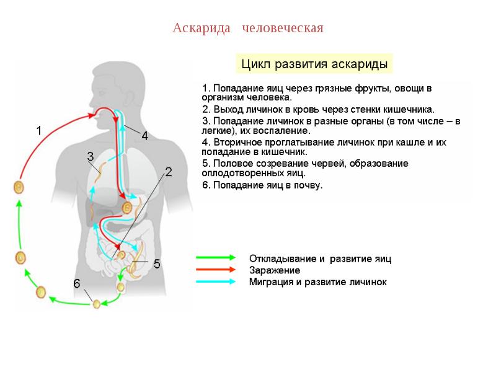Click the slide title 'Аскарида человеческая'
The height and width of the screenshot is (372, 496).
pos(248,29)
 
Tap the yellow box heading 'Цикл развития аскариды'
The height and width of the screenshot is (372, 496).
pos(314,64)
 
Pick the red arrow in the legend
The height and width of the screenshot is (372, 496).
pos(215,270)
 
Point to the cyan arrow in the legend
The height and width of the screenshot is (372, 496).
pos(215,281)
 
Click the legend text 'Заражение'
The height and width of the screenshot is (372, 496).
pos(275,270)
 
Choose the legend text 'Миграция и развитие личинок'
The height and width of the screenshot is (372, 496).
pos(317,282)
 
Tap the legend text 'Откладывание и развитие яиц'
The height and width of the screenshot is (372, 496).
pos(320,259)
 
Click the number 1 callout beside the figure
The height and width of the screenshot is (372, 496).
pos(38,131)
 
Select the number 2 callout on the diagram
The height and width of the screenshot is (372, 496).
pos(168,172)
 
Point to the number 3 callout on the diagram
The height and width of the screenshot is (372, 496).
pos(90,156)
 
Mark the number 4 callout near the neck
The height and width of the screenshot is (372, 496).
pos(144,136)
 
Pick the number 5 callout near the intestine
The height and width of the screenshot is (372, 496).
pos(157,264)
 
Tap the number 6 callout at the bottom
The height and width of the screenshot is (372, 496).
pos(77,283)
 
